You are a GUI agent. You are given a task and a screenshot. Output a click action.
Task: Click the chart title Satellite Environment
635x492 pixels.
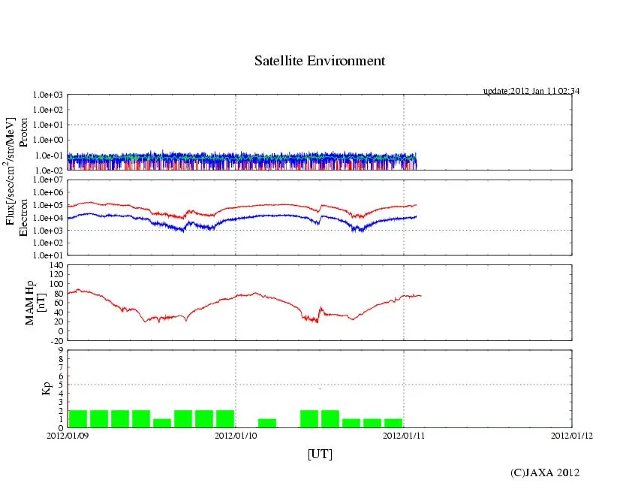pyautogui.click(x=319, y=61)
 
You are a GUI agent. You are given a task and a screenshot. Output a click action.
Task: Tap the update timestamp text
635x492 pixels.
pyautogui.click(x=531, y=91)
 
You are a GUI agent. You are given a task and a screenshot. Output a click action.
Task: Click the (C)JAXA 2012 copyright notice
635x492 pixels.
pyautogui.click(x=545, y=472)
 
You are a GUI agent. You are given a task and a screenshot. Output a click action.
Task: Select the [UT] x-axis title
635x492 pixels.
pyautogui.click(x=319, y=454)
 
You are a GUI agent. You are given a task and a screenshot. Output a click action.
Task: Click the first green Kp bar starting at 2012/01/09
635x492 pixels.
pyautogui.click(x=78, y=418)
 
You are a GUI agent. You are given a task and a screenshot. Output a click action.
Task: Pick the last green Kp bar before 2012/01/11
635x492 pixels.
pyautogui.click(x=393, y=423)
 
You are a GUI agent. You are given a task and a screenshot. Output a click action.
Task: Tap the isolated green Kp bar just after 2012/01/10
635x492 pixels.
pyautogui.click(x=267, y=423)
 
